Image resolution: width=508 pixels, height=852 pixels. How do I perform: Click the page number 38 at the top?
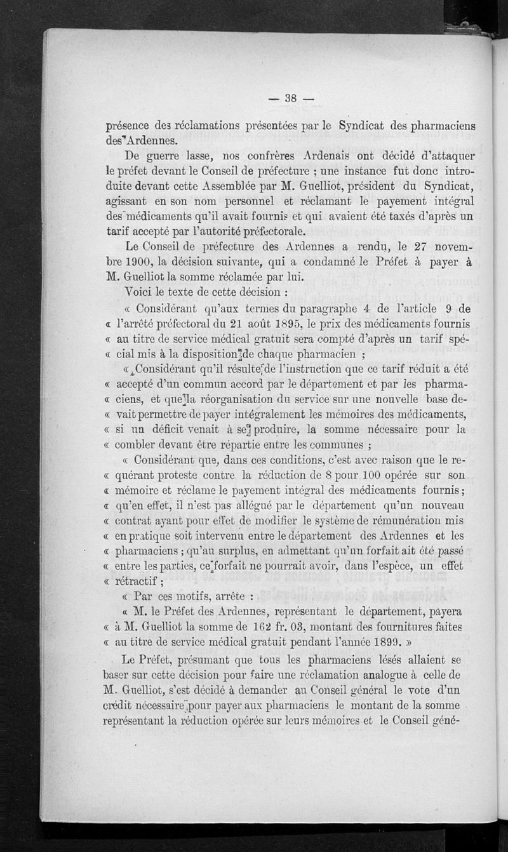coord(291,98)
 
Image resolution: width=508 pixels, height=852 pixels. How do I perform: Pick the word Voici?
coord(141,293)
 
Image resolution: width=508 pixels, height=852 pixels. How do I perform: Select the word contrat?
coord(140,521)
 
